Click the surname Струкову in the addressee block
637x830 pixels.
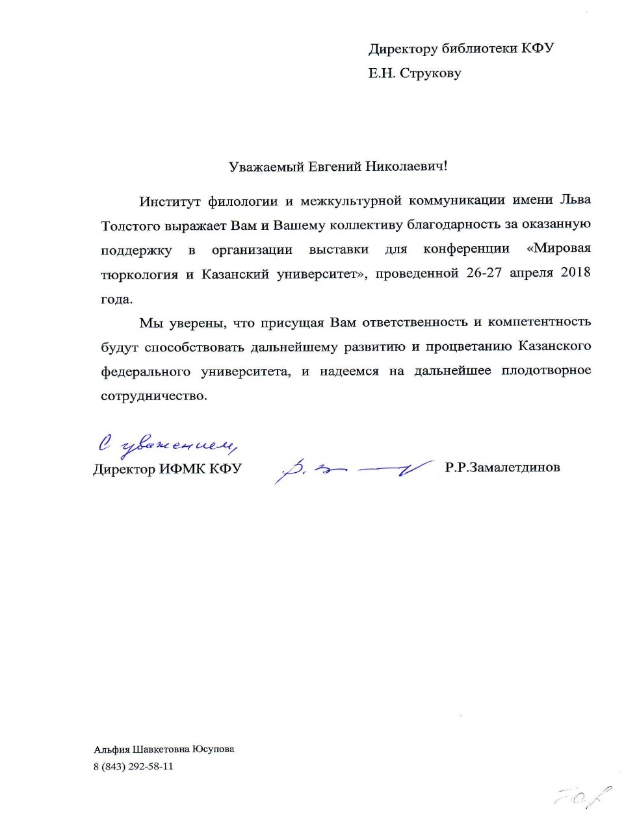(x=430, y=73)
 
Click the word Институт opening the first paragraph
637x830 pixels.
(x=170, y=201)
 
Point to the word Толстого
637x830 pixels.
(x=129, y=226)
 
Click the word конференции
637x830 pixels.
(x=466, y=249)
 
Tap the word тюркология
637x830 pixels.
(x=139, y=274)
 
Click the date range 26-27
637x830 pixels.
(x=484, y=273)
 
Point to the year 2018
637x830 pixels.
(x=575, y=273)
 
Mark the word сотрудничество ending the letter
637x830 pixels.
(x=153, y=396)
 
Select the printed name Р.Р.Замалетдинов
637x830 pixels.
(x=502, y=467)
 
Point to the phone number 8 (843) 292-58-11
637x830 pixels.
(x=133, y=766)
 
